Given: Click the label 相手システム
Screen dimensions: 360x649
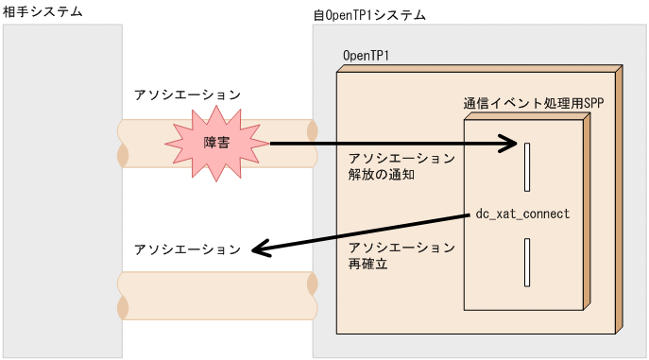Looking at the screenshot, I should point(43,11).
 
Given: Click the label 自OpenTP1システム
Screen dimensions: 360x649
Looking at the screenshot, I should point(368,16).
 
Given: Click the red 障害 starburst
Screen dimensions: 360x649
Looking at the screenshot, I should point(216,143).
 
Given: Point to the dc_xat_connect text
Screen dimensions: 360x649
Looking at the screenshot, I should point(522,214).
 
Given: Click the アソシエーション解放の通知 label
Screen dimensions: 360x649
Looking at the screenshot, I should point(401,166).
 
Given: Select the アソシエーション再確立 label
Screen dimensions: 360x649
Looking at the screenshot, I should point(401,256).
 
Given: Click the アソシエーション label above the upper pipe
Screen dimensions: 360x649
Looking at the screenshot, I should point(187,95).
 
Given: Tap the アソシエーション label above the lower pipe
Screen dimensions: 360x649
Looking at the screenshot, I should point(187,249).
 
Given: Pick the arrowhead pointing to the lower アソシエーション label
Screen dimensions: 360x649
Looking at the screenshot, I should point(262,249).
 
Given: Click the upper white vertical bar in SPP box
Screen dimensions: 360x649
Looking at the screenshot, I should point(527,167).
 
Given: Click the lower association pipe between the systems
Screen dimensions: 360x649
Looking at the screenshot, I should point(217,296).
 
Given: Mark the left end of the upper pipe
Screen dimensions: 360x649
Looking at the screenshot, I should point(123,143).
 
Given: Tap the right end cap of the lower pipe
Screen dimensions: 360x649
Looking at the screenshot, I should point(312,296).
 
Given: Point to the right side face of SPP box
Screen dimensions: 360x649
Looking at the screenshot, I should point(587,213).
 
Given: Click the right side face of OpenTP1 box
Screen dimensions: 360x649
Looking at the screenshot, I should point(620,198).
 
